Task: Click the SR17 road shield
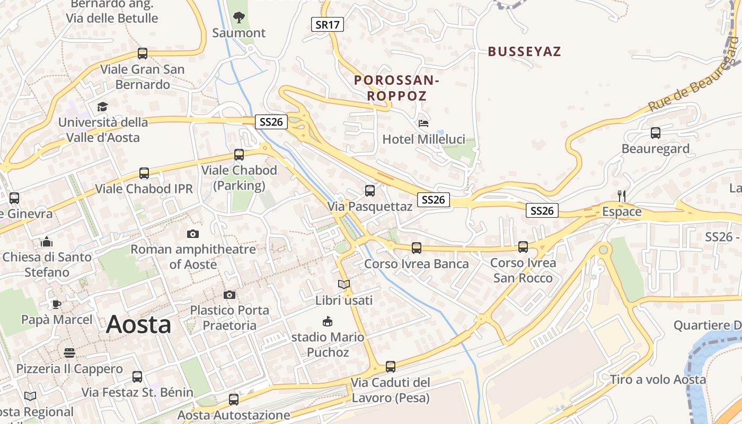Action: click(327, 24)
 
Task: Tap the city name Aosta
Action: click(138, 324)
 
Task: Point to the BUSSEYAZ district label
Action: click(524, 51)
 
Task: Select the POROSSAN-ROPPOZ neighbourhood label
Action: click(396, 88)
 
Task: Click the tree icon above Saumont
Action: click(239, 17)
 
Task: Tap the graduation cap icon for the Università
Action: click(102, 107)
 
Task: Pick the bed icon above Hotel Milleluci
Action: click(423, 123)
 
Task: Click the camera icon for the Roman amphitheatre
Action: click(193, 234)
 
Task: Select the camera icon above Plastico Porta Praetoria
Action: click(229, 295)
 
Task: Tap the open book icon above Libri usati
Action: click(344, 285)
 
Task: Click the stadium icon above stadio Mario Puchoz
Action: click(328, 321)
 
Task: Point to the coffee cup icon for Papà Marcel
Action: click(56, 304)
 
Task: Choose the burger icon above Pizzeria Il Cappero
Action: click(69, 353)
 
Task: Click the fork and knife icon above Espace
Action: click(622, 196)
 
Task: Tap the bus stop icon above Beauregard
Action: click(656, 133)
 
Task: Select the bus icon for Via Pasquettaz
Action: click(370, 191)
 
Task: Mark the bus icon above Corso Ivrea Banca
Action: click(417, 248)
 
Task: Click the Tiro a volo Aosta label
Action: click(658, 379)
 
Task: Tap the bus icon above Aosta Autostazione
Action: click(234, 400)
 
